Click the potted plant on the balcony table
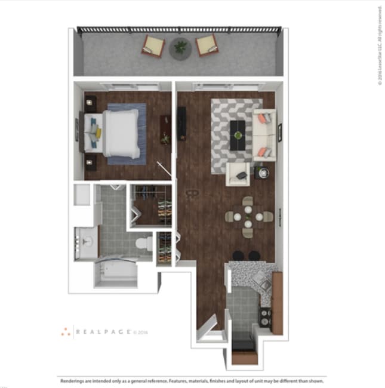click(180, 46)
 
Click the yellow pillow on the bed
click(97, 133)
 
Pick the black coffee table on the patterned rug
click(238, 131)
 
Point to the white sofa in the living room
click(264, 136)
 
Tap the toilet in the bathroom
click(143, 244)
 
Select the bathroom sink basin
click(87, 241)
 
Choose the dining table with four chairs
click(247, 215)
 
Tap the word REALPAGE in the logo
click(103, 331)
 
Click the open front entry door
click(207, 328)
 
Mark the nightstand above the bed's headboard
click(91, 102)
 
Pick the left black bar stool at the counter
click(239, 255)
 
